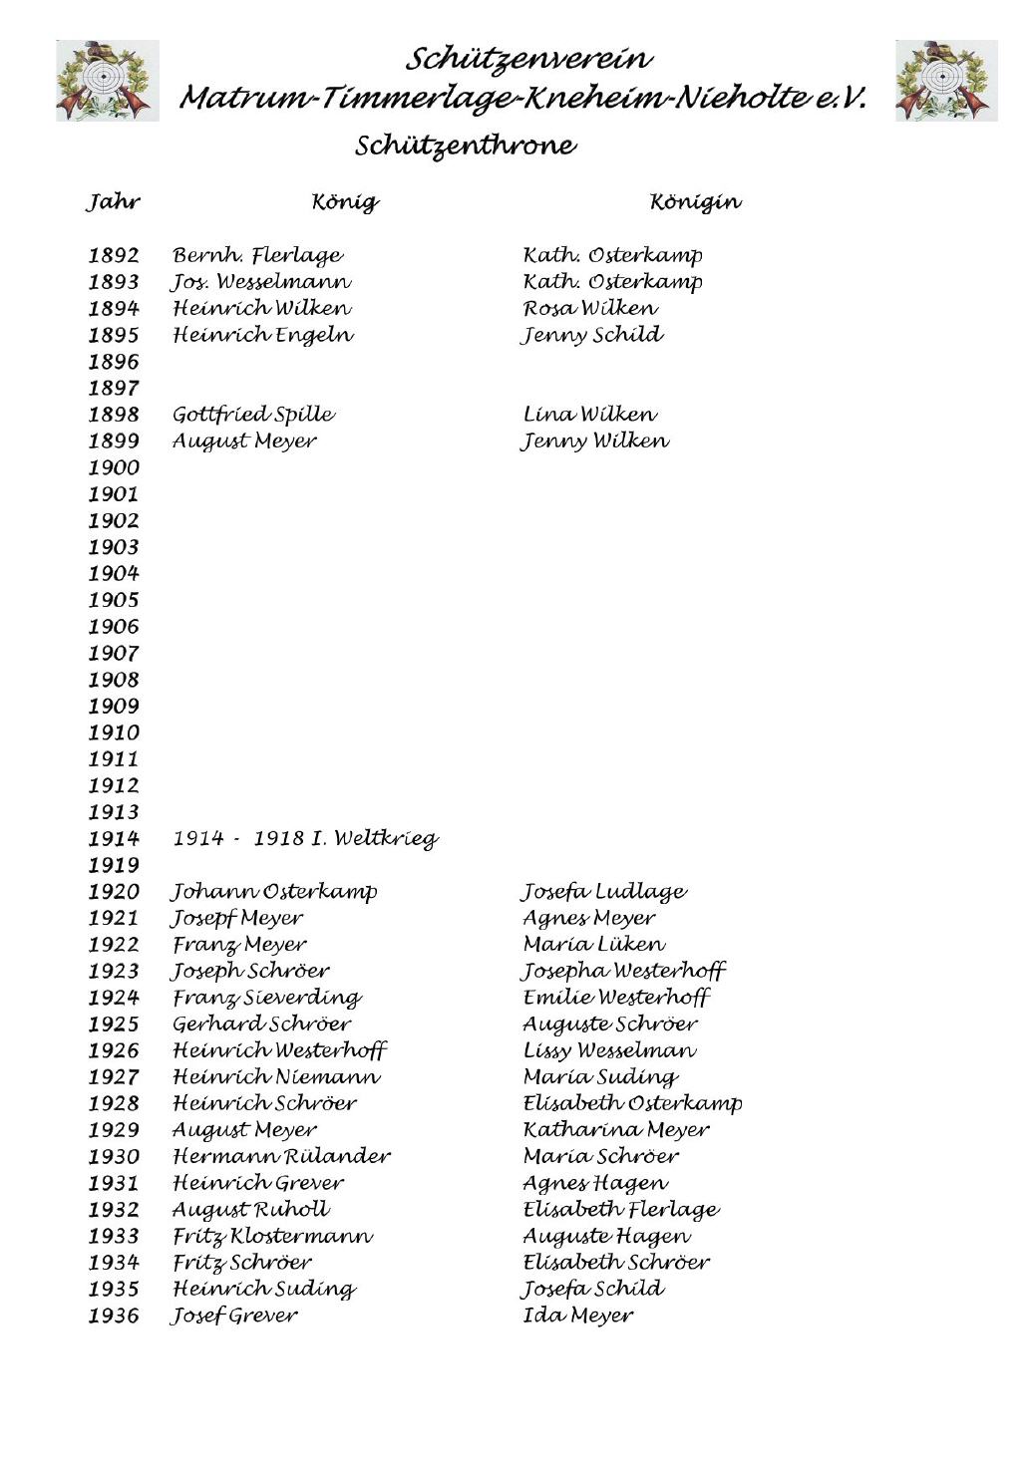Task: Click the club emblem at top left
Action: click(x=107, y=81)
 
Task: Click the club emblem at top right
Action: click(x=945, y=81)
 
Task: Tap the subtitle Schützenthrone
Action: click(x=465, y=146)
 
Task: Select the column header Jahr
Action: click(x=113, y=202)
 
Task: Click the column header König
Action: click(x=345, y=202)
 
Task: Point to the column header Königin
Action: click(x=695, y=202)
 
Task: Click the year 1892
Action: click(x=114, y=256)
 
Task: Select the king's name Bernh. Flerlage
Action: click(x=257, y=256)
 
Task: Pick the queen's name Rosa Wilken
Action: click(x=590, y=309)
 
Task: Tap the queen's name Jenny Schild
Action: click(x=592, y=336)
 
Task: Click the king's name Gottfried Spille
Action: click(x=253, y=415)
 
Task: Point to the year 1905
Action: click(x=114, y=600)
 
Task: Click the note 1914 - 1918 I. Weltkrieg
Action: click(x=305, y=839)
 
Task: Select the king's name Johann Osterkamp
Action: click(x=274, y=892)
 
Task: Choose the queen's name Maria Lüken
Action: click(x=593, y=945)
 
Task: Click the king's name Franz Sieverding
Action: click(x=267, y=998)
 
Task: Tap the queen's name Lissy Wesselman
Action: click(x=609, y=1050)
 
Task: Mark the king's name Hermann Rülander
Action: click(x=281, y=1157)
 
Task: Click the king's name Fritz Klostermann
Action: click(x=272, y=1237)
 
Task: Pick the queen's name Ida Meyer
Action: click(x=577, y=1317)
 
